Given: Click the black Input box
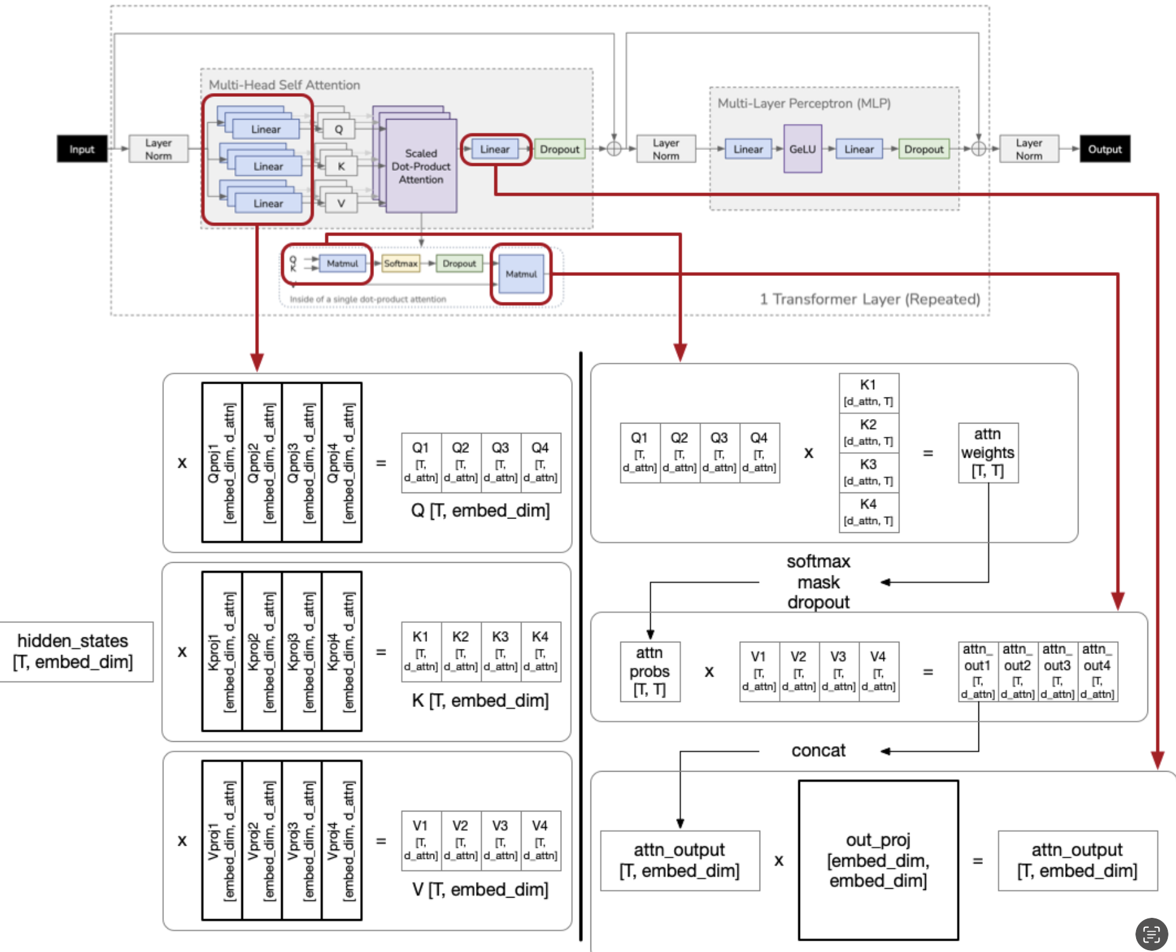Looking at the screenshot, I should pyautogui.click(x=82, y=149).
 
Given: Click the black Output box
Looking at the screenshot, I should pyautogui.click(x=1104, y=149).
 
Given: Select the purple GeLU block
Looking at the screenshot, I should pyautogui.click(x=803, y=149).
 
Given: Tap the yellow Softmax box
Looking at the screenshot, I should pyautogui.click(x=401, y=263).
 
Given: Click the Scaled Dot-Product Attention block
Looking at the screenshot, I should pyautogui.click(x=421, y=166).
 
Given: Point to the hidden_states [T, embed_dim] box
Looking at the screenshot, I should pyautogui.click(x=73, y=651).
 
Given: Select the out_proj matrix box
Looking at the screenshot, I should pyautogui.click(x=878, y=860).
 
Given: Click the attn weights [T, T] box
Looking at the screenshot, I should pyautogui.click(x=987, y=453).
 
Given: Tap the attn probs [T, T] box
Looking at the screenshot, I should pyautogui.click(x=649, y=672).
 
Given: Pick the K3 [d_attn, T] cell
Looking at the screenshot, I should pyautogui.click(x=868, y=472).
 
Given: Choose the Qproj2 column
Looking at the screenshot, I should pyautogui.click(x=261, y=463).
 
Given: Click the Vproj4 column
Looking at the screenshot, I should pyautogui.click(x=341, y=841).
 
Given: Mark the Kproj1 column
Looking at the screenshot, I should pyautogui.click(x=222, y=651).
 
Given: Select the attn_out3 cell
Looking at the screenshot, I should pyautogui.click(x=1057, y=672).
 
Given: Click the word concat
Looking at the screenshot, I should pyautogui.click(x=818, y=751).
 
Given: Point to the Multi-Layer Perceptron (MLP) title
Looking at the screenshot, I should pyautogui.click(x=804, y=103).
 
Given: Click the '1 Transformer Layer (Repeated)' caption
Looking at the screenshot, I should pyautogui.click(x=870, y=299).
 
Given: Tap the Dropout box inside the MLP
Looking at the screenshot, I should pyautogui.click(x=923, y=149).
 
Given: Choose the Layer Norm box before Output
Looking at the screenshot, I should pyautogui.click(x=1029, y=149).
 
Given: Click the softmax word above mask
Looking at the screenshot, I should pyautogui.click(x=818, y=561).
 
